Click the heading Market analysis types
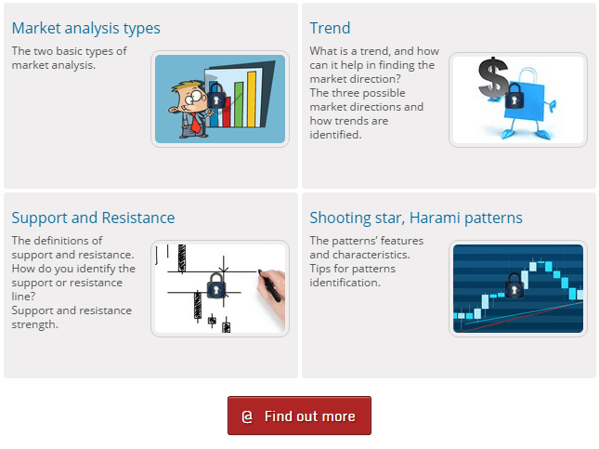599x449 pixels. click(x=86, y=28)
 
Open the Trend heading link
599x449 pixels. click(x=330, y=28)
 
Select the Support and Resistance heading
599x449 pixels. click(x=93, y=218)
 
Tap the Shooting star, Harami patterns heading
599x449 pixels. click(x=416, y=218)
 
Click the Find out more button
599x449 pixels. click(x=299, y=416)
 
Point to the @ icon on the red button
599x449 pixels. click(x=247, y=416)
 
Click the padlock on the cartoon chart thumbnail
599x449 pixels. click(x=216, y=96)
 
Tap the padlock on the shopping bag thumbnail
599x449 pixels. click(x=514, y=96)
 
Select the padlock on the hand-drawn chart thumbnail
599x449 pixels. click(x=216, y=285)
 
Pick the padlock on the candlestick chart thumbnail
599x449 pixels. click(x=514, y=285)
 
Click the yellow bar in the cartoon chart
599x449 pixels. click(x=252, y=99)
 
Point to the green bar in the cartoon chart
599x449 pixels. click(x=239, y=104)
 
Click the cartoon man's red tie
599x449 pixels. click(x=196, y=123)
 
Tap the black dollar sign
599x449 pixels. click(x=493, y=78)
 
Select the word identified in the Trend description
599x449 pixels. click(x=335, y=135)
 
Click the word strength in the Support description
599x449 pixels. click(x=34, y=324)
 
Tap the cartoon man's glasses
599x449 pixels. click(x=194, y=96)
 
